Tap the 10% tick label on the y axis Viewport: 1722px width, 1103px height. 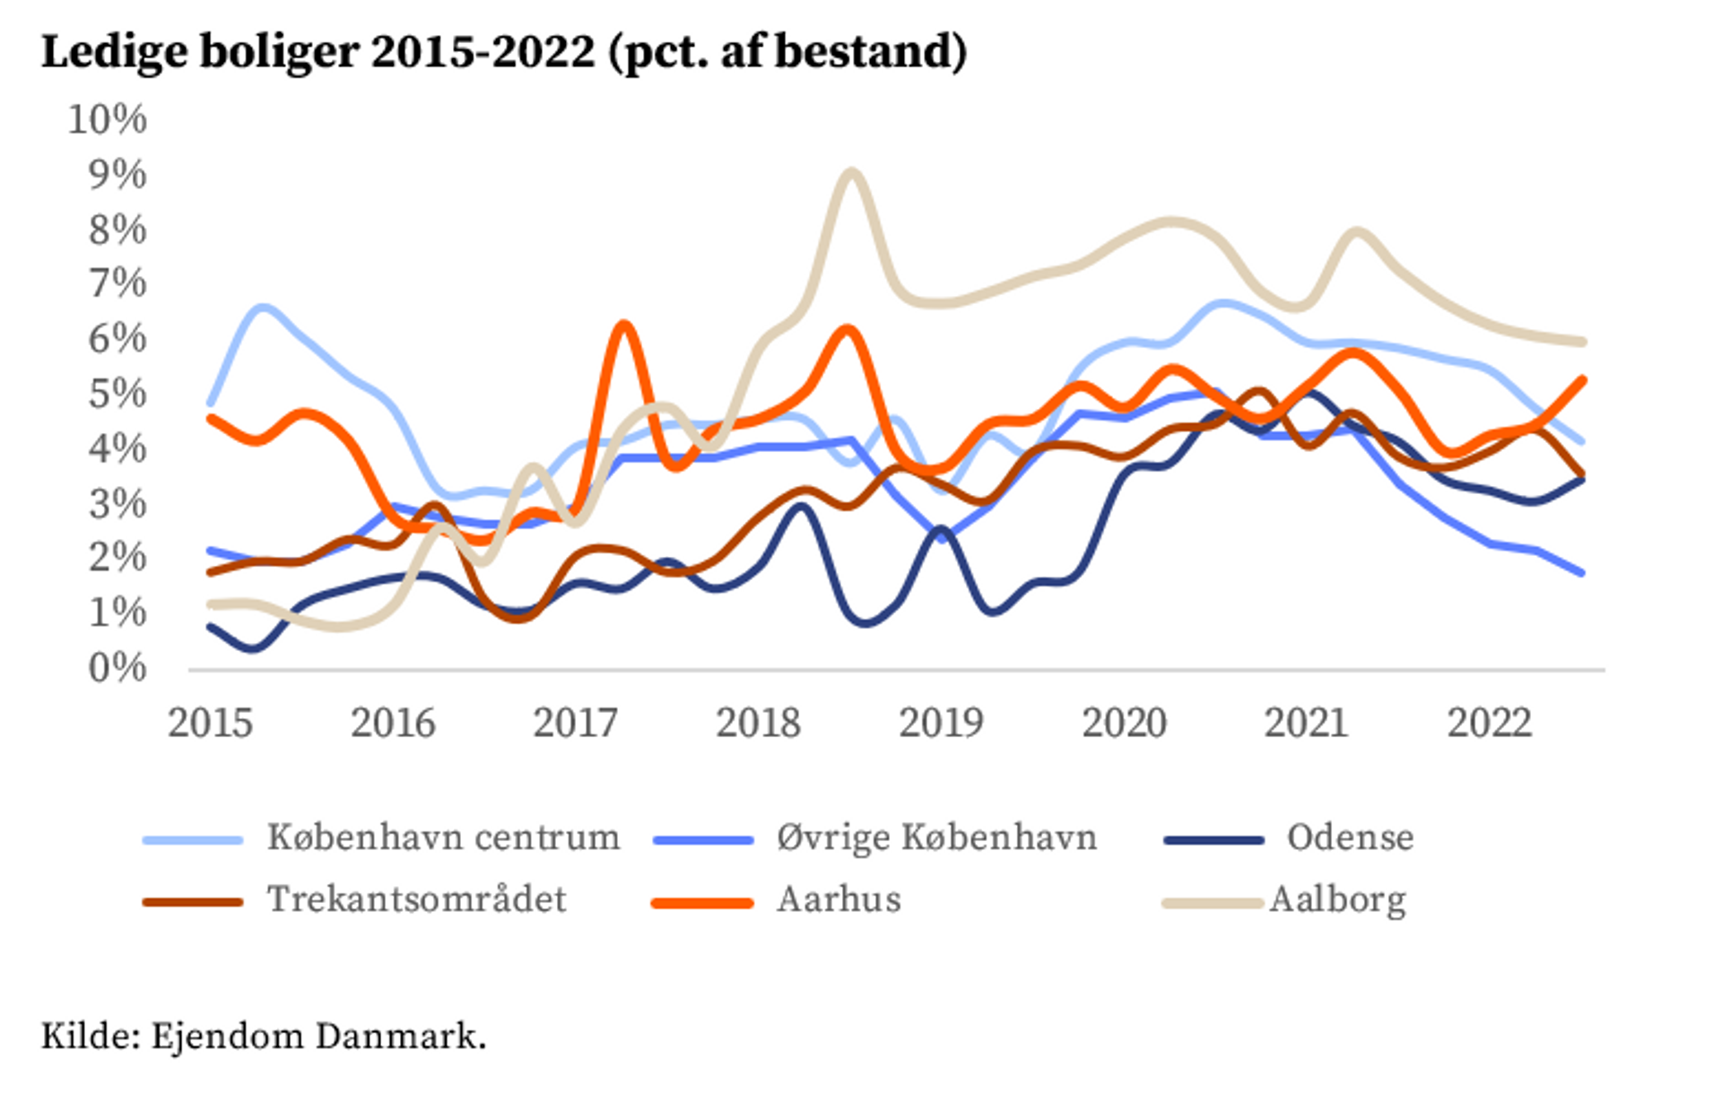pos(107,119)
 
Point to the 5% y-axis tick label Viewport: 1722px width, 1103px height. pos(117,394)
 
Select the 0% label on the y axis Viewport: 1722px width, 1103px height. pos(117,668)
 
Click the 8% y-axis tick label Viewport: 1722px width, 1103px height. pos(117,230)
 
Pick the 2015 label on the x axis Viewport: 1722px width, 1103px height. pos(211,723)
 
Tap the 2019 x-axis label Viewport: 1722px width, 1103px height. pos(941,723)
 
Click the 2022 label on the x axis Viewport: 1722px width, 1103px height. pos(1489,723)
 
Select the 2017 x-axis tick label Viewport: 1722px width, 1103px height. pos(575,723)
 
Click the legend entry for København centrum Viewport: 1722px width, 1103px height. pos(443,838)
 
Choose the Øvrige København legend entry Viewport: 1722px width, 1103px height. pos(936,838)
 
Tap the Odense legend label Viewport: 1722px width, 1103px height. pos(1350,838)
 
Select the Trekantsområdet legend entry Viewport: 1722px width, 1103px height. pos(416,899)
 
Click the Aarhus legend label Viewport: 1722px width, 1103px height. pos(839,899)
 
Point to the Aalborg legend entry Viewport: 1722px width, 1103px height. pos(1337,899)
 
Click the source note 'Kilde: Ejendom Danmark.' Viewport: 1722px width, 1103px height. pos(264,1037)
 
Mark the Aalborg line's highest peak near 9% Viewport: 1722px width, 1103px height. pos(849,171)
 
